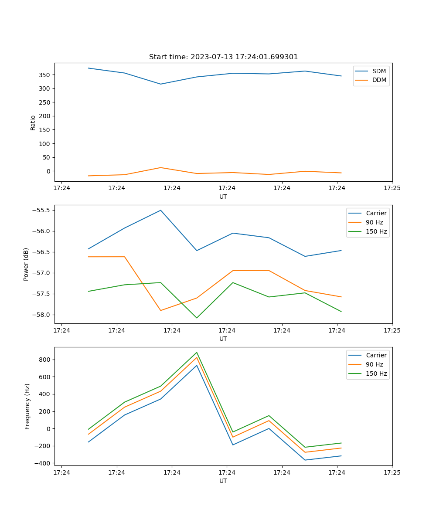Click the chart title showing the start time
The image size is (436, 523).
[223, 57]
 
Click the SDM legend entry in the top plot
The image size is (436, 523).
[379, 71]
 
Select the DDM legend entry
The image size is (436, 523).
[379, 80]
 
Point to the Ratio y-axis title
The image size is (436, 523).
[33, 122]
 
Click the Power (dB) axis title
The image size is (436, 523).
[26, 264]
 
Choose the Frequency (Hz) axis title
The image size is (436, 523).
[27, 406]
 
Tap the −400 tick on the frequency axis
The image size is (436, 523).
[42, 463]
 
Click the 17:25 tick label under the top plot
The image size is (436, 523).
[392, 188]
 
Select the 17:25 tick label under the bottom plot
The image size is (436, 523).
[392, 472]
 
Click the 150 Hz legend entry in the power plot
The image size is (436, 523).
[376, 232]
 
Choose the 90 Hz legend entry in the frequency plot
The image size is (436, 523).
[374, 364]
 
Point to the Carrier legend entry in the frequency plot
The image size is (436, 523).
[376, 355]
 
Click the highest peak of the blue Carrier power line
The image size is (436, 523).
[160, 210]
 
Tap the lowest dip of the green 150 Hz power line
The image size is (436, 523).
[197, 318]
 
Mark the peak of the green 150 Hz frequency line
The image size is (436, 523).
[197, 352]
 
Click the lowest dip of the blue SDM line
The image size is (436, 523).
[160, 84]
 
